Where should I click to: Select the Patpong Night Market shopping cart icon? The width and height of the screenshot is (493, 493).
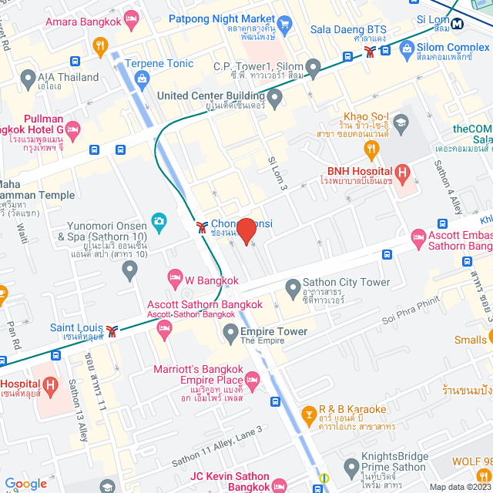284,23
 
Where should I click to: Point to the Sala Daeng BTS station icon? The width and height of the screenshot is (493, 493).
371,52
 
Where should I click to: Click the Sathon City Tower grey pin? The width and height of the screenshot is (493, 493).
292,289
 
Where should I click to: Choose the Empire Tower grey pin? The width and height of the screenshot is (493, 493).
230,332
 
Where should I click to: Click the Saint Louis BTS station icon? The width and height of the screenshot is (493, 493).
113,330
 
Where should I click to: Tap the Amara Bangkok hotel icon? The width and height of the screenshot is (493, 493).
132,18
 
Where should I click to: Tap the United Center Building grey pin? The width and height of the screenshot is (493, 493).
275,96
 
